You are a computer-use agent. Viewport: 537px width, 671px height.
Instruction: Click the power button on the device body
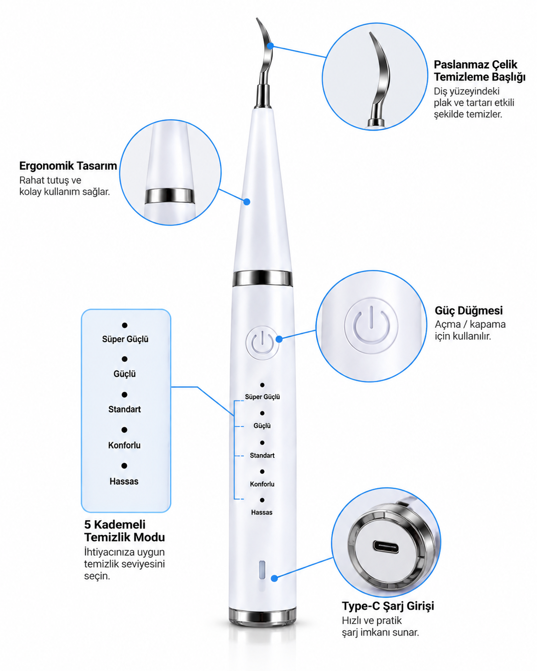tap(262, 343)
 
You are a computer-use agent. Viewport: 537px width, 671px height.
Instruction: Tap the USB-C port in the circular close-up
tap(386, 546)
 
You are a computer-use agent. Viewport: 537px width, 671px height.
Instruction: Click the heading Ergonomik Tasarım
tap(68, 166)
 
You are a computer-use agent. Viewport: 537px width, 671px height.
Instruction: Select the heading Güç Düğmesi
tap(469, 310)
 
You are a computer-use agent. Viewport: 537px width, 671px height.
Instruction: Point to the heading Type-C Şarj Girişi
tap(388, 605)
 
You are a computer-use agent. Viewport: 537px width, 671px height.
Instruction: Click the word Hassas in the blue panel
tap(124, 481)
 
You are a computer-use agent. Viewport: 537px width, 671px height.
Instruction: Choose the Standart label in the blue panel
tap(124, 409)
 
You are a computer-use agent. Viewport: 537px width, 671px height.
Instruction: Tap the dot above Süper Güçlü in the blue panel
tap(125, 325)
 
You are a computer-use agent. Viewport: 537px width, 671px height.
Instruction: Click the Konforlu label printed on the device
tap(262, 484)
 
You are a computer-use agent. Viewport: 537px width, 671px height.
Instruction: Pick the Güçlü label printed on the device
tap(262, 425)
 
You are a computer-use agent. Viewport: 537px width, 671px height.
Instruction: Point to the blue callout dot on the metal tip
tap(270, 46)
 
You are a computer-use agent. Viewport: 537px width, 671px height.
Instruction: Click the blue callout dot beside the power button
tap(279, 339)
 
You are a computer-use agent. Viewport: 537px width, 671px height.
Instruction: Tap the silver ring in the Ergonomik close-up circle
tap(170, 196)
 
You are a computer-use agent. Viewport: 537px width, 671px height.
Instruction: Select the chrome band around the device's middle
tap(263, 279)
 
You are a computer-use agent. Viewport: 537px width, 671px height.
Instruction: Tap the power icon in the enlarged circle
tap(371, 325)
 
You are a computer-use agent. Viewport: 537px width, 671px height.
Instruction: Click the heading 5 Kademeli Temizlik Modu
tap(124, 531)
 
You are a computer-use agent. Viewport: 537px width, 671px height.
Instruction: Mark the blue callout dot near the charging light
tap(274, 579)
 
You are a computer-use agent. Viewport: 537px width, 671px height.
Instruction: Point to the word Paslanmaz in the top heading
tap(460, 65)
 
